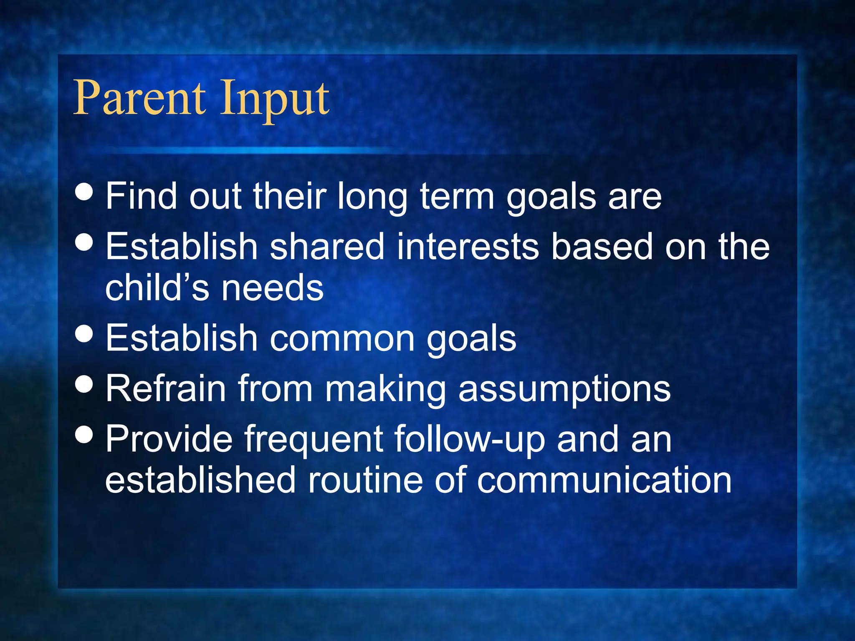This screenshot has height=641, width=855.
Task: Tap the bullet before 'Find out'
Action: point(84,192)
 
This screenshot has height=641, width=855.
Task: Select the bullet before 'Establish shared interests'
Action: point(84,242)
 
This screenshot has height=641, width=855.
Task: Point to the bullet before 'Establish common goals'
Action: point(84,334)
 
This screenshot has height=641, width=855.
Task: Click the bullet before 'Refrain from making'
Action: point(84,384)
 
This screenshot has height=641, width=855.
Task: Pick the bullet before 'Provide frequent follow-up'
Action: point(84,434)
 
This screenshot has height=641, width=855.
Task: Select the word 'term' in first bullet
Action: point(457,196)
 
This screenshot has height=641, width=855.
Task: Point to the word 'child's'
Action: point(157,288)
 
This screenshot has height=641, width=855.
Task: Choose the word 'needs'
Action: point(273,288)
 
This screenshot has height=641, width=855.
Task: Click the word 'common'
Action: point(342,338)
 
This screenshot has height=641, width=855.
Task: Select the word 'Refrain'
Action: point(165,388)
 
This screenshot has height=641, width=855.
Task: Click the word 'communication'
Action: point(604,480)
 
